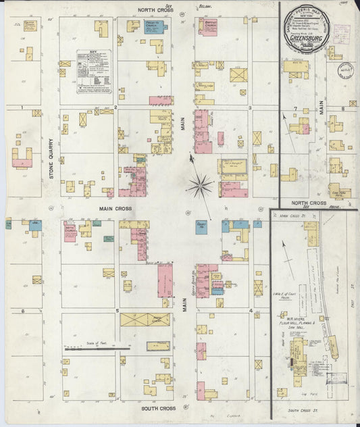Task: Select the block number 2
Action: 115,107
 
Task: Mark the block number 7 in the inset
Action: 295,109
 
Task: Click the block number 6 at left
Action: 23,311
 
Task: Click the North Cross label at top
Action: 157,10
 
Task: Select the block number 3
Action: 250,107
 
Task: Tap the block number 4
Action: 251,311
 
